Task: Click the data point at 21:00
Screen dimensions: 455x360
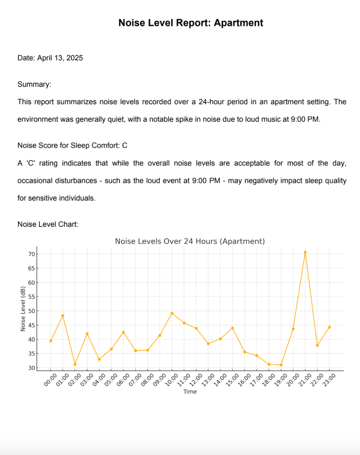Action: tap(305, 252)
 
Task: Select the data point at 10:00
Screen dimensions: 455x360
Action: tap(172, 313)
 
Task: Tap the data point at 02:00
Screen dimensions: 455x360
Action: tap(75, 364)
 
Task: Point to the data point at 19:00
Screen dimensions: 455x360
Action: tap(281, 365)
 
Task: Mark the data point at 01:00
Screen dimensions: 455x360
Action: tap(63, 315)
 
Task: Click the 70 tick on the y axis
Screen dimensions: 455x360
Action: tap(31, 254)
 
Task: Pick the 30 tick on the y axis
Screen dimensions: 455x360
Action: tap(31, 368)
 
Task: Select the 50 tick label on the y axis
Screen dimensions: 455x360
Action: tap(31, 311)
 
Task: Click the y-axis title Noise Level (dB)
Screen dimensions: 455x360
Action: tap(23, 309)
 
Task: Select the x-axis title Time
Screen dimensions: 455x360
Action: tap(190, 392)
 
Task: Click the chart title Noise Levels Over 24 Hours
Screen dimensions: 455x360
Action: tap(190, 241)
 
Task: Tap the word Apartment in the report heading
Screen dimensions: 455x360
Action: tap(238, 23)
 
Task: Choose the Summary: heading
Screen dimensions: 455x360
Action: tap(34, 84)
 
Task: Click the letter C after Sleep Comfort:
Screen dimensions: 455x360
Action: tap(125, 146)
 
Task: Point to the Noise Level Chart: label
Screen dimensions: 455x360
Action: tap(48, 224)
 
